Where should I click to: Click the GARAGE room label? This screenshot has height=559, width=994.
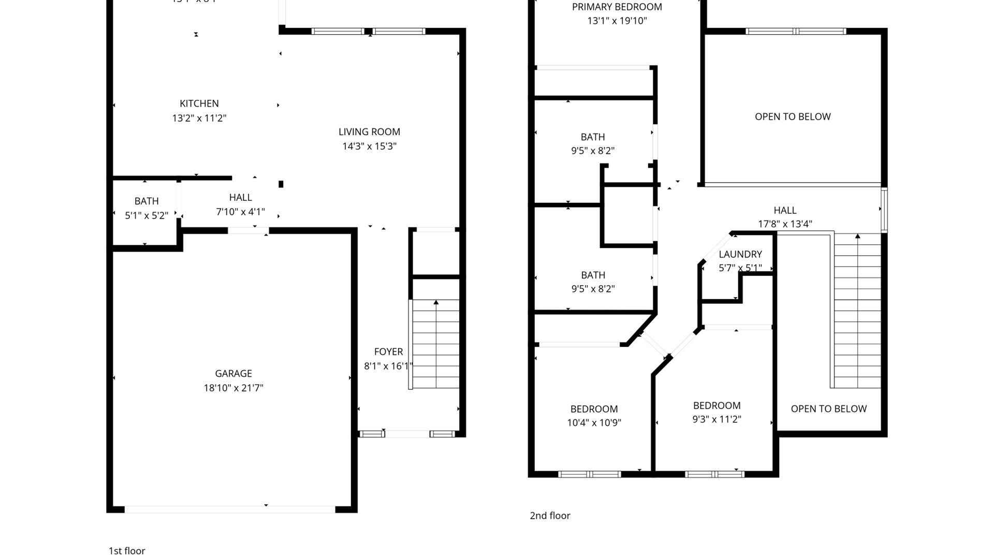click(x=233, y=373)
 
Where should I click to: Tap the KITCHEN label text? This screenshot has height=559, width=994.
click(x=199, y=104)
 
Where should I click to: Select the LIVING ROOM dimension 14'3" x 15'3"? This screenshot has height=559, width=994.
click(x=369, y=146)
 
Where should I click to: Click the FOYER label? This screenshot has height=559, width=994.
click(x=388, y=351)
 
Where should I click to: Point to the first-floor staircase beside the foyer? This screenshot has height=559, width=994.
click(x=436, y=344)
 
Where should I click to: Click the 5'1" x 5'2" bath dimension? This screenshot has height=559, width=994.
click(x=146, y=215)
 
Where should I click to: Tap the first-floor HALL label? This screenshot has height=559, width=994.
click(x=240, y=197)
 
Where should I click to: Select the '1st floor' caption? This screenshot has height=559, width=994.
click(x=127, y=551)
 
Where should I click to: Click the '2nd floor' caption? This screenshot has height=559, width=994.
click(x=550, y=516)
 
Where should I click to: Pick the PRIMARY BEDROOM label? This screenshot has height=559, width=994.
click(x=617, y=7)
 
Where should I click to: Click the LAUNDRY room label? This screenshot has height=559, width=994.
click(x=740, y=254)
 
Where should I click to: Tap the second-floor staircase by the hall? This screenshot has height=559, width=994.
click(x=857, y=311)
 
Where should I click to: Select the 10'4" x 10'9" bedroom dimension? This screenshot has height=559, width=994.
click(x=594, y=422)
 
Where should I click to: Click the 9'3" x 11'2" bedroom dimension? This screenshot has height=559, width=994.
click(x=717, y=419)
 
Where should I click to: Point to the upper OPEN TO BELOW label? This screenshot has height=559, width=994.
click(x=792, y=116)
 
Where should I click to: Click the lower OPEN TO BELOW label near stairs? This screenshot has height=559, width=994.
click(x=828, y=408)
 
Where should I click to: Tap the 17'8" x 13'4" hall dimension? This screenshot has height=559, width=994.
click(x=785, y=224)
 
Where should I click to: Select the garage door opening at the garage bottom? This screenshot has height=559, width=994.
click(x=230, y=509)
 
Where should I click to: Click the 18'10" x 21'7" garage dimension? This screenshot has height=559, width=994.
click(x=233, y=388)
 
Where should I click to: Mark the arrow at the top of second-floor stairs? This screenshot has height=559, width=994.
click(x=857, y=237)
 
